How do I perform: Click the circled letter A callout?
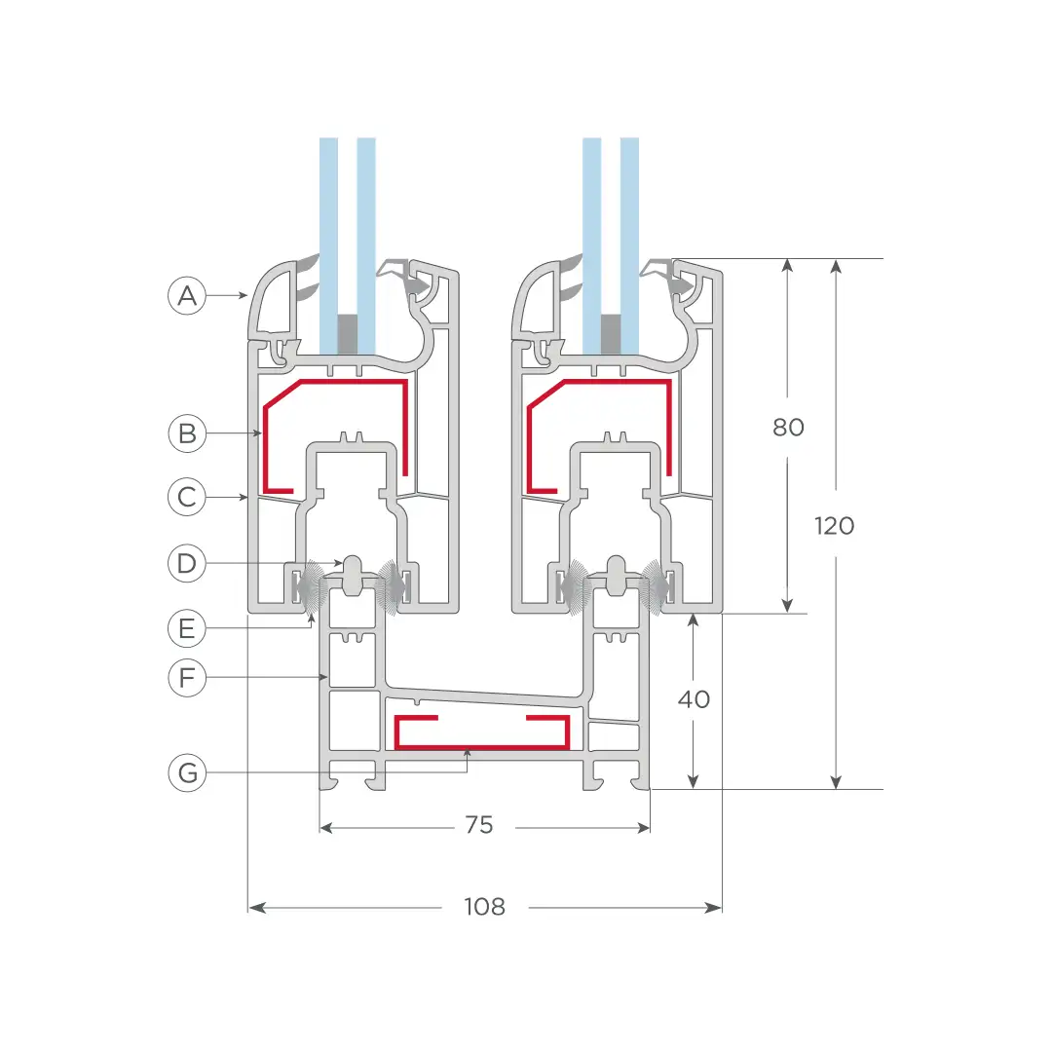(186, 295)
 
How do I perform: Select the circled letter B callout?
(186, 432)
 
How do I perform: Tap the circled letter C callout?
(186, 497)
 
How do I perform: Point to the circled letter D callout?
(186, 563)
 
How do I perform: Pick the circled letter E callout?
(186, 628)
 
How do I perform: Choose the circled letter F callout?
(186, 677)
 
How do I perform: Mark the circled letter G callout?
(186, 772)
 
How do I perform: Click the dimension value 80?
(788, 427)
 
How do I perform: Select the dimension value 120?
(834, 525)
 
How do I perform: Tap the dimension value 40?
(694, 699)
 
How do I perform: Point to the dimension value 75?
(479, 825)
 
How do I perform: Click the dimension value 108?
(484, 907)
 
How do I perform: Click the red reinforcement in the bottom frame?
(482, 746)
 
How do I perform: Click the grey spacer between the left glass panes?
(347, 334)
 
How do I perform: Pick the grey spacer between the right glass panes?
(611, 334)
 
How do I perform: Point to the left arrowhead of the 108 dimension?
(256, 908)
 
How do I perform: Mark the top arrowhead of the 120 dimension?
(836, 266)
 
